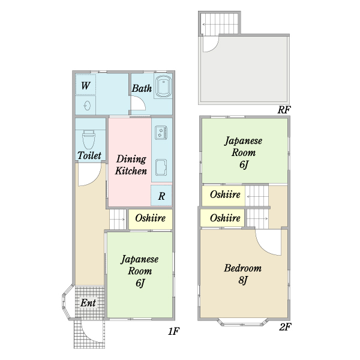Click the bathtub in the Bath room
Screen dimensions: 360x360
click(x=163, y=86)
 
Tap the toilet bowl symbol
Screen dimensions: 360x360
click(x=89, y=140)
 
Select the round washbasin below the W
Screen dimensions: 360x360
click(x=87, y=106)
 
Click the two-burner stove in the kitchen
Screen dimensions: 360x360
click(x=161, y=133)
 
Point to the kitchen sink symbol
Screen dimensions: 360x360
click(x=161, y=167)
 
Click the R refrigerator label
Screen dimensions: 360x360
click(x=161, y=196)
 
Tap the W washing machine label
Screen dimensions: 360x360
click(x=85, y=86)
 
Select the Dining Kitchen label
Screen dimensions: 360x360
click(x=131, y=165)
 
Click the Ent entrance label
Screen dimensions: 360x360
click(x=88, y=303)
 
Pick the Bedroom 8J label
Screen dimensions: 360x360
click(x=242, y=274)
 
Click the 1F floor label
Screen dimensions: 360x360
click(x=173, y=331)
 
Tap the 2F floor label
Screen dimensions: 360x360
click(x=285, y=327)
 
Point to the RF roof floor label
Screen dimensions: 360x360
click(x=284, y=110)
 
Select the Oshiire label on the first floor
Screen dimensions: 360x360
click(x=151, y=218)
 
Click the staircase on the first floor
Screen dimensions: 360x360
click(x=118, y=219)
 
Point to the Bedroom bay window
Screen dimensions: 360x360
click(x=243, y=322)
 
